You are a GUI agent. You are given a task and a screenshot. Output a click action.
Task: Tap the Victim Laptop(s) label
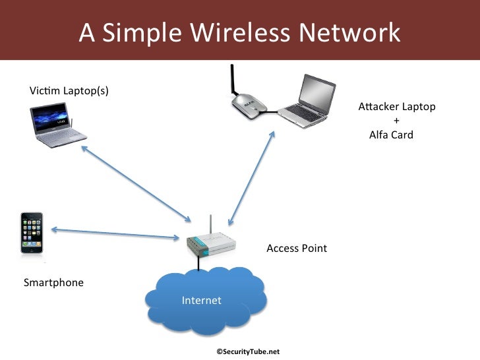tap(69, 90)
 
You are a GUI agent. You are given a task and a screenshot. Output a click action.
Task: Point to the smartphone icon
tap(32, 232)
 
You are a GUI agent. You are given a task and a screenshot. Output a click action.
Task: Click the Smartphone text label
tap(54, 283)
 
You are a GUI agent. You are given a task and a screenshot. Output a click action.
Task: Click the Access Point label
tap(297, 249)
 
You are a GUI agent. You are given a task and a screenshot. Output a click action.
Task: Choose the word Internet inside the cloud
tap(202, 301)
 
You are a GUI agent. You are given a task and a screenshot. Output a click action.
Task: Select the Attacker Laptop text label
tap(397, 107)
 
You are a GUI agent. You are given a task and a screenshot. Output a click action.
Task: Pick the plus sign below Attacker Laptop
tap(396, 121)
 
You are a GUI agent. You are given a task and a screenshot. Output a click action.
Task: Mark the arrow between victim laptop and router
tap(135, 184)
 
